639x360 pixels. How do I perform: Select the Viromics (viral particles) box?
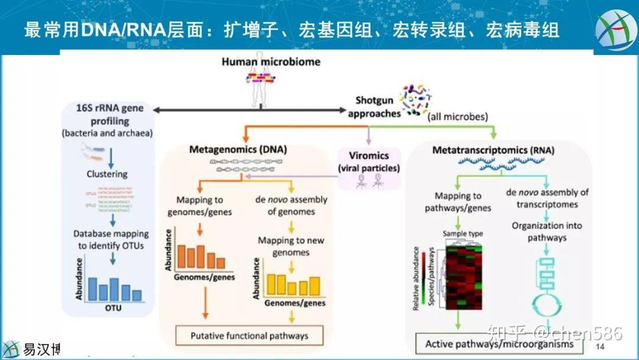point(369,161)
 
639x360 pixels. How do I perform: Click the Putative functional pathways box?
point(249,336)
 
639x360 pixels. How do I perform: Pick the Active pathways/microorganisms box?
point(499,343)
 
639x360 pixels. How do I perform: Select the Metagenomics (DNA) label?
point(238,150)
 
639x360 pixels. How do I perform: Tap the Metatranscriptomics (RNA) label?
point(493,150)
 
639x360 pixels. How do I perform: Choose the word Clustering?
point(106,174)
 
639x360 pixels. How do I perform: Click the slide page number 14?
point(599,346)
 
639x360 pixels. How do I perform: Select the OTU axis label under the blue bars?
point(112,308)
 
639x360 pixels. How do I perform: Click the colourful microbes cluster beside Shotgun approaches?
point(421,101)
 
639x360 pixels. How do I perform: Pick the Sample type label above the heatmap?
point(463,234)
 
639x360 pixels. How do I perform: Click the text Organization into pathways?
point(547,232)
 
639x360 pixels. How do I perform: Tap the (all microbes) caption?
point(458,117)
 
